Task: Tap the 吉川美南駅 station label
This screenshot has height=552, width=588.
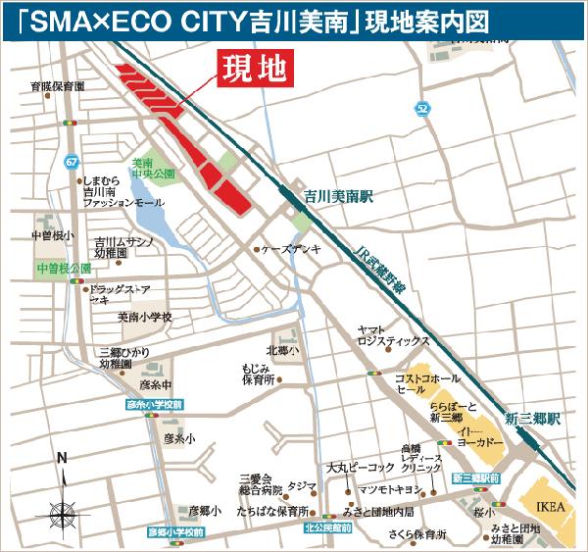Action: tap(340, 197)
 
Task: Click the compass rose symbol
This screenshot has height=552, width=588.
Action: tap(62, 510)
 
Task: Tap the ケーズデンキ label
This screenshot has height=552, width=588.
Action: tap(291, 250)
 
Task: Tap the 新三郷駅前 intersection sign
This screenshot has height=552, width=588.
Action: tap(477, 478)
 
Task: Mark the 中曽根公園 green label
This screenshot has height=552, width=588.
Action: tap(63, 268)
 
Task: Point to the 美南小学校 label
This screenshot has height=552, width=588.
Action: tap(145, 317)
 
